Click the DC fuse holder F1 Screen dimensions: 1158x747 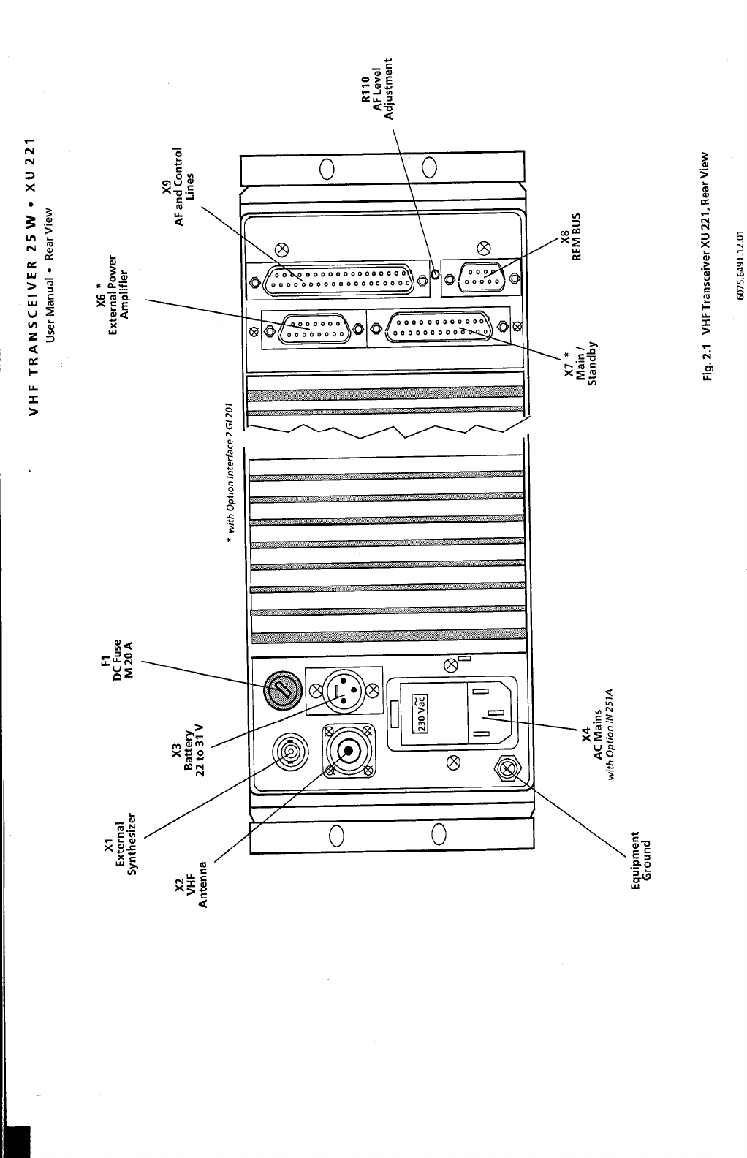click(x=281, y=689)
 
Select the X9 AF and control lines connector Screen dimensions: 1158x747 click(x=338, y=278)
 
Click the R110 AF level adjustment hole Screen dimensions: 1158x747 click(x=435, y=276)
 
